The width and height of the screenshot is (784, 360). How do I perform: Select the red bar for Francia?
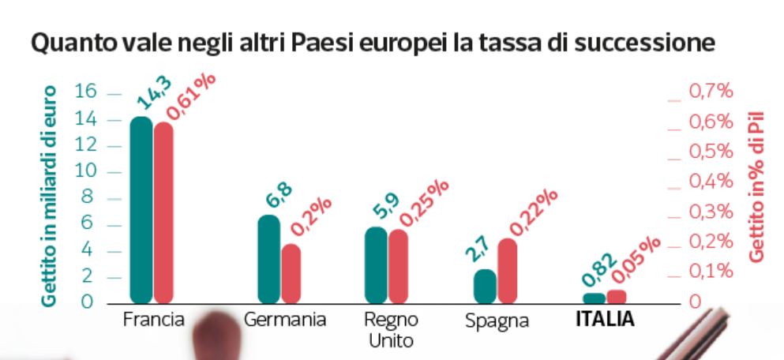pyautogui.click(x=163, y=213)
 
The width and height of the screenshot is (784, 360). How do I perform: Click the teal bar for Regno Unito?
pyautogui.click(x=376, y=265)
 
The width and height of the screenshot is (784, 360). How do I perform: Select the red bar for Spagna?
pyautogui.click(x=507, y=271)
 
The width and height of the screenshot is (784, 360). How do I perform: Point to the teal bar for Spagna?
pyautogui.click(x=485, y=286)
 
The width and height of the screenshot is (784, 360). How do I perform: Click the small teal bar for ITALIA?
pyautogui.click(x=594, y=298)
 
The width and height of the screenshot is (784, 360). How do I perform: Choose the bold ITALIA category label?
pyautogui.click(x=605, y=320)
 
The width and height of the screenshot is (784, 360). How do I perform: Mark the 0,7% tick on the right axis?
pyautogui.click(x=711, y=92)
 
